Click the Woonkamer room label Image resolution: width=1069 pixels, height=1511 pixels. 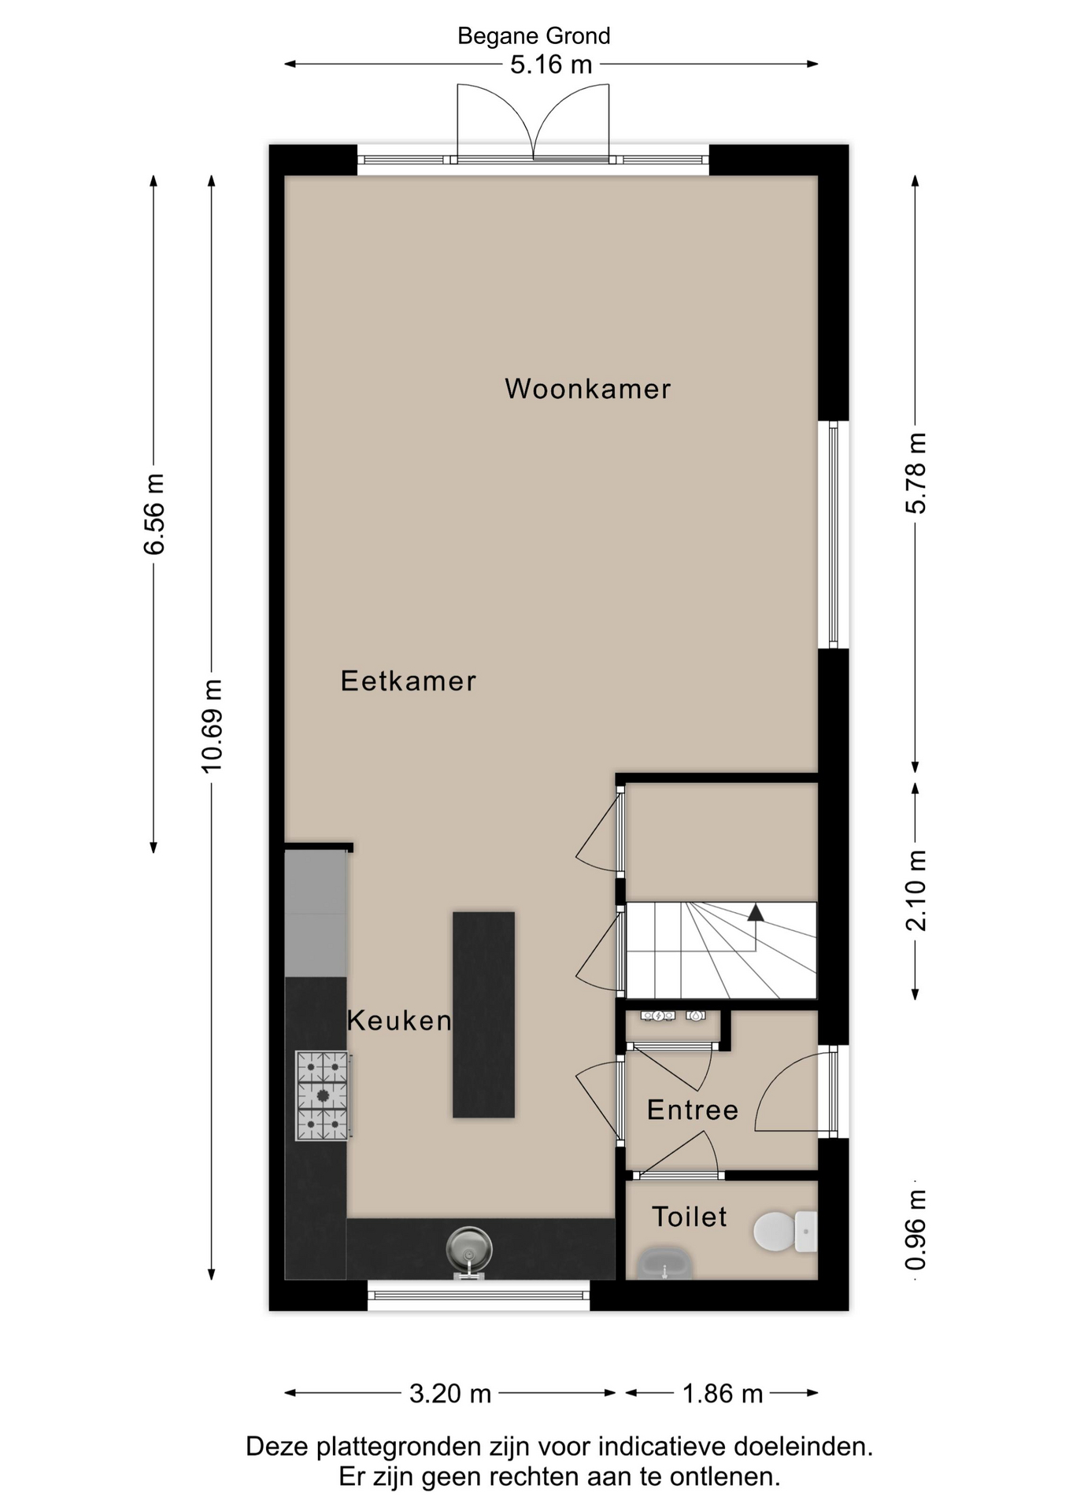click(x=587, y=389)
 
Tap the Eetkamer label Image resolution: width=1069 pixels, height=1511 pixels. click(x=408, y=681)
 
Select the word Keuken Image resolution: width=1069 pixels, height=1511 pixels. click(x=399, y=1021)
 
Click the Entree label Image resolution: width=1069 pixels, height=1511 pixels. click(x=693, y=1110)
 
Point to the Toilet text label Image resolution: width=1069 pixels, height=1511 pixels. click(x=689, y=1217)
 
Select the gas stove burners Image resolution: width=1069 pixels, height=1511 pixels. click(x=322, y=1095)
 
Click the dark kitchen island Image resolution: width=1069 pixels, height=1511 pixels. click(x=483, y=1014)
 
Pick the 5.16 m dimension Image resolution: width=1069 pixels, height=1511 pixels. click(x=550, y=65)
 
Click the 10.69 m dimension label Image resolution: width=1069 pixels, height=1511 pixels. click(x=212, y=725)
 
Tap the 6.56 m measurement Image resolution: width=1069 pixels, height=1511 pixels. click(x=154, y=514)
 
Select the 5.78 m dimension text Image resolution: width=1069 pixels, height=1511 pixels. click(x=915, y=472)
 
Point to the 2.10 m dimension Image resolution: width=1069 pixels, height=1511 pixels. click(x=915, y=890)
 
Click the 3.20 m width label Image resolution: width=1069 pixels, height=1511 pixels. click(x=449, y=1394)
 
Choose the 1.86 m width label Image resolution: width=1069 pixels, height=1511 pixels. click(x=722, y=1394)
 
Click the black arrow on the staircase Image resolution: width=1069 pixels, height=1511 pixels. click(x=756, y=913)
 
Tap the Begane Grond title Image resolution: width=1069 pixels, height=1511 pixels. click(x=534, y=36)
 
